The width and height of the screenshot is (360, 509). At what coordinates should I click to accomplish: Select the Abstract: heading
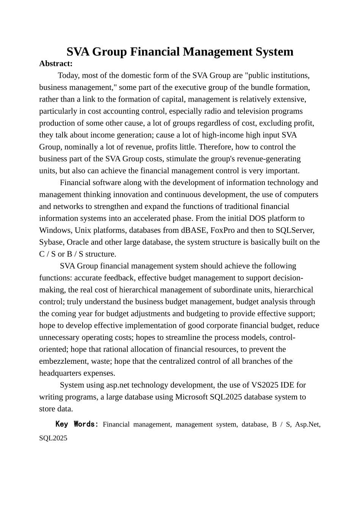click(x=56, y=64)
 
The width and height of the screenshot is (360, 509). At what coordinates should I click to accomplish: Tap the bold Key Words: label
click(x=77, y=424)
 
